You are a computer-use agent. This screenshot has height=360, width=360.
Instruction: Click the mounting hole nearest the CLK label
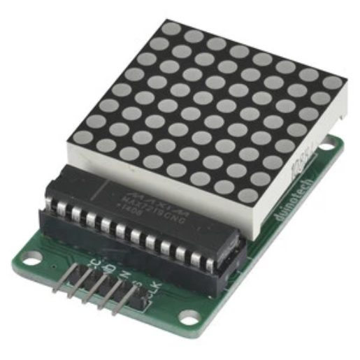tap(188, 317)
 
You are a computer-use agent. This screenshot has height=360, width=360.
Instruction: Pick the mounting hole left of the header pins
tap(31, 261)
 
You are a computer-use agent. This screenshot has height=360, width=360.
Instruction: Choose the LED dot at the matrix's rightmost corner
tap(334, 82)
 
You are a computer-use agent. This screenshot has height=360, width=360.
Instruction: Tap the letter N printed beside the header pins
tap(124, 276)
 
